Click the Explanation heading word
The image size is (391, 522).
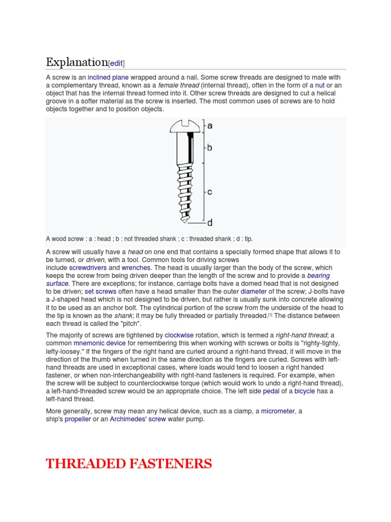(x=76, y=62)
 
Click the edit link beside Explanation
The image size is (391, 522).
(x=116, y=64)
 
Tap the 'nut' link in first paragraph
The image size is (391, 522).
(x=320, y=85)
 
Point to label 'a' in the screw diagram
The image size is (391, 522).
(x=209, y=125)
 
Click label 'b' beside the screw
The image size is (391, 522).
(x=209, y=148)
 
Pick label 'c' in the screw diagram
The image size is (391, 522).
(x=209, y=192)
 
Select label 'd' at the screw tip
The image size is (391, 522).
(x=209, y=223)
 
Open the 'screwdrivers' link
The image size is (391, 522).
(x=88, y=268)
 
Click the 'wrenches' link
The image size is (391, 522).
(x=136, y=268)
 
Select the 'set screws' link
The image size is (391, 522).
(x=101, y=292)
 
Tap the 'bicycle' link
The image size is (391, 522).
(x=304, y=391)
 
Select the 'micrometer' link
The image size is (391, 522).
(x=278, y=411)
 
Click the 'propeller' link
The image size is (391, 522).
(x=77, y=419)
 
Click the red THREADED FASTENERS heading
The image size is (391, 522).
(x=129, y=463)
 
